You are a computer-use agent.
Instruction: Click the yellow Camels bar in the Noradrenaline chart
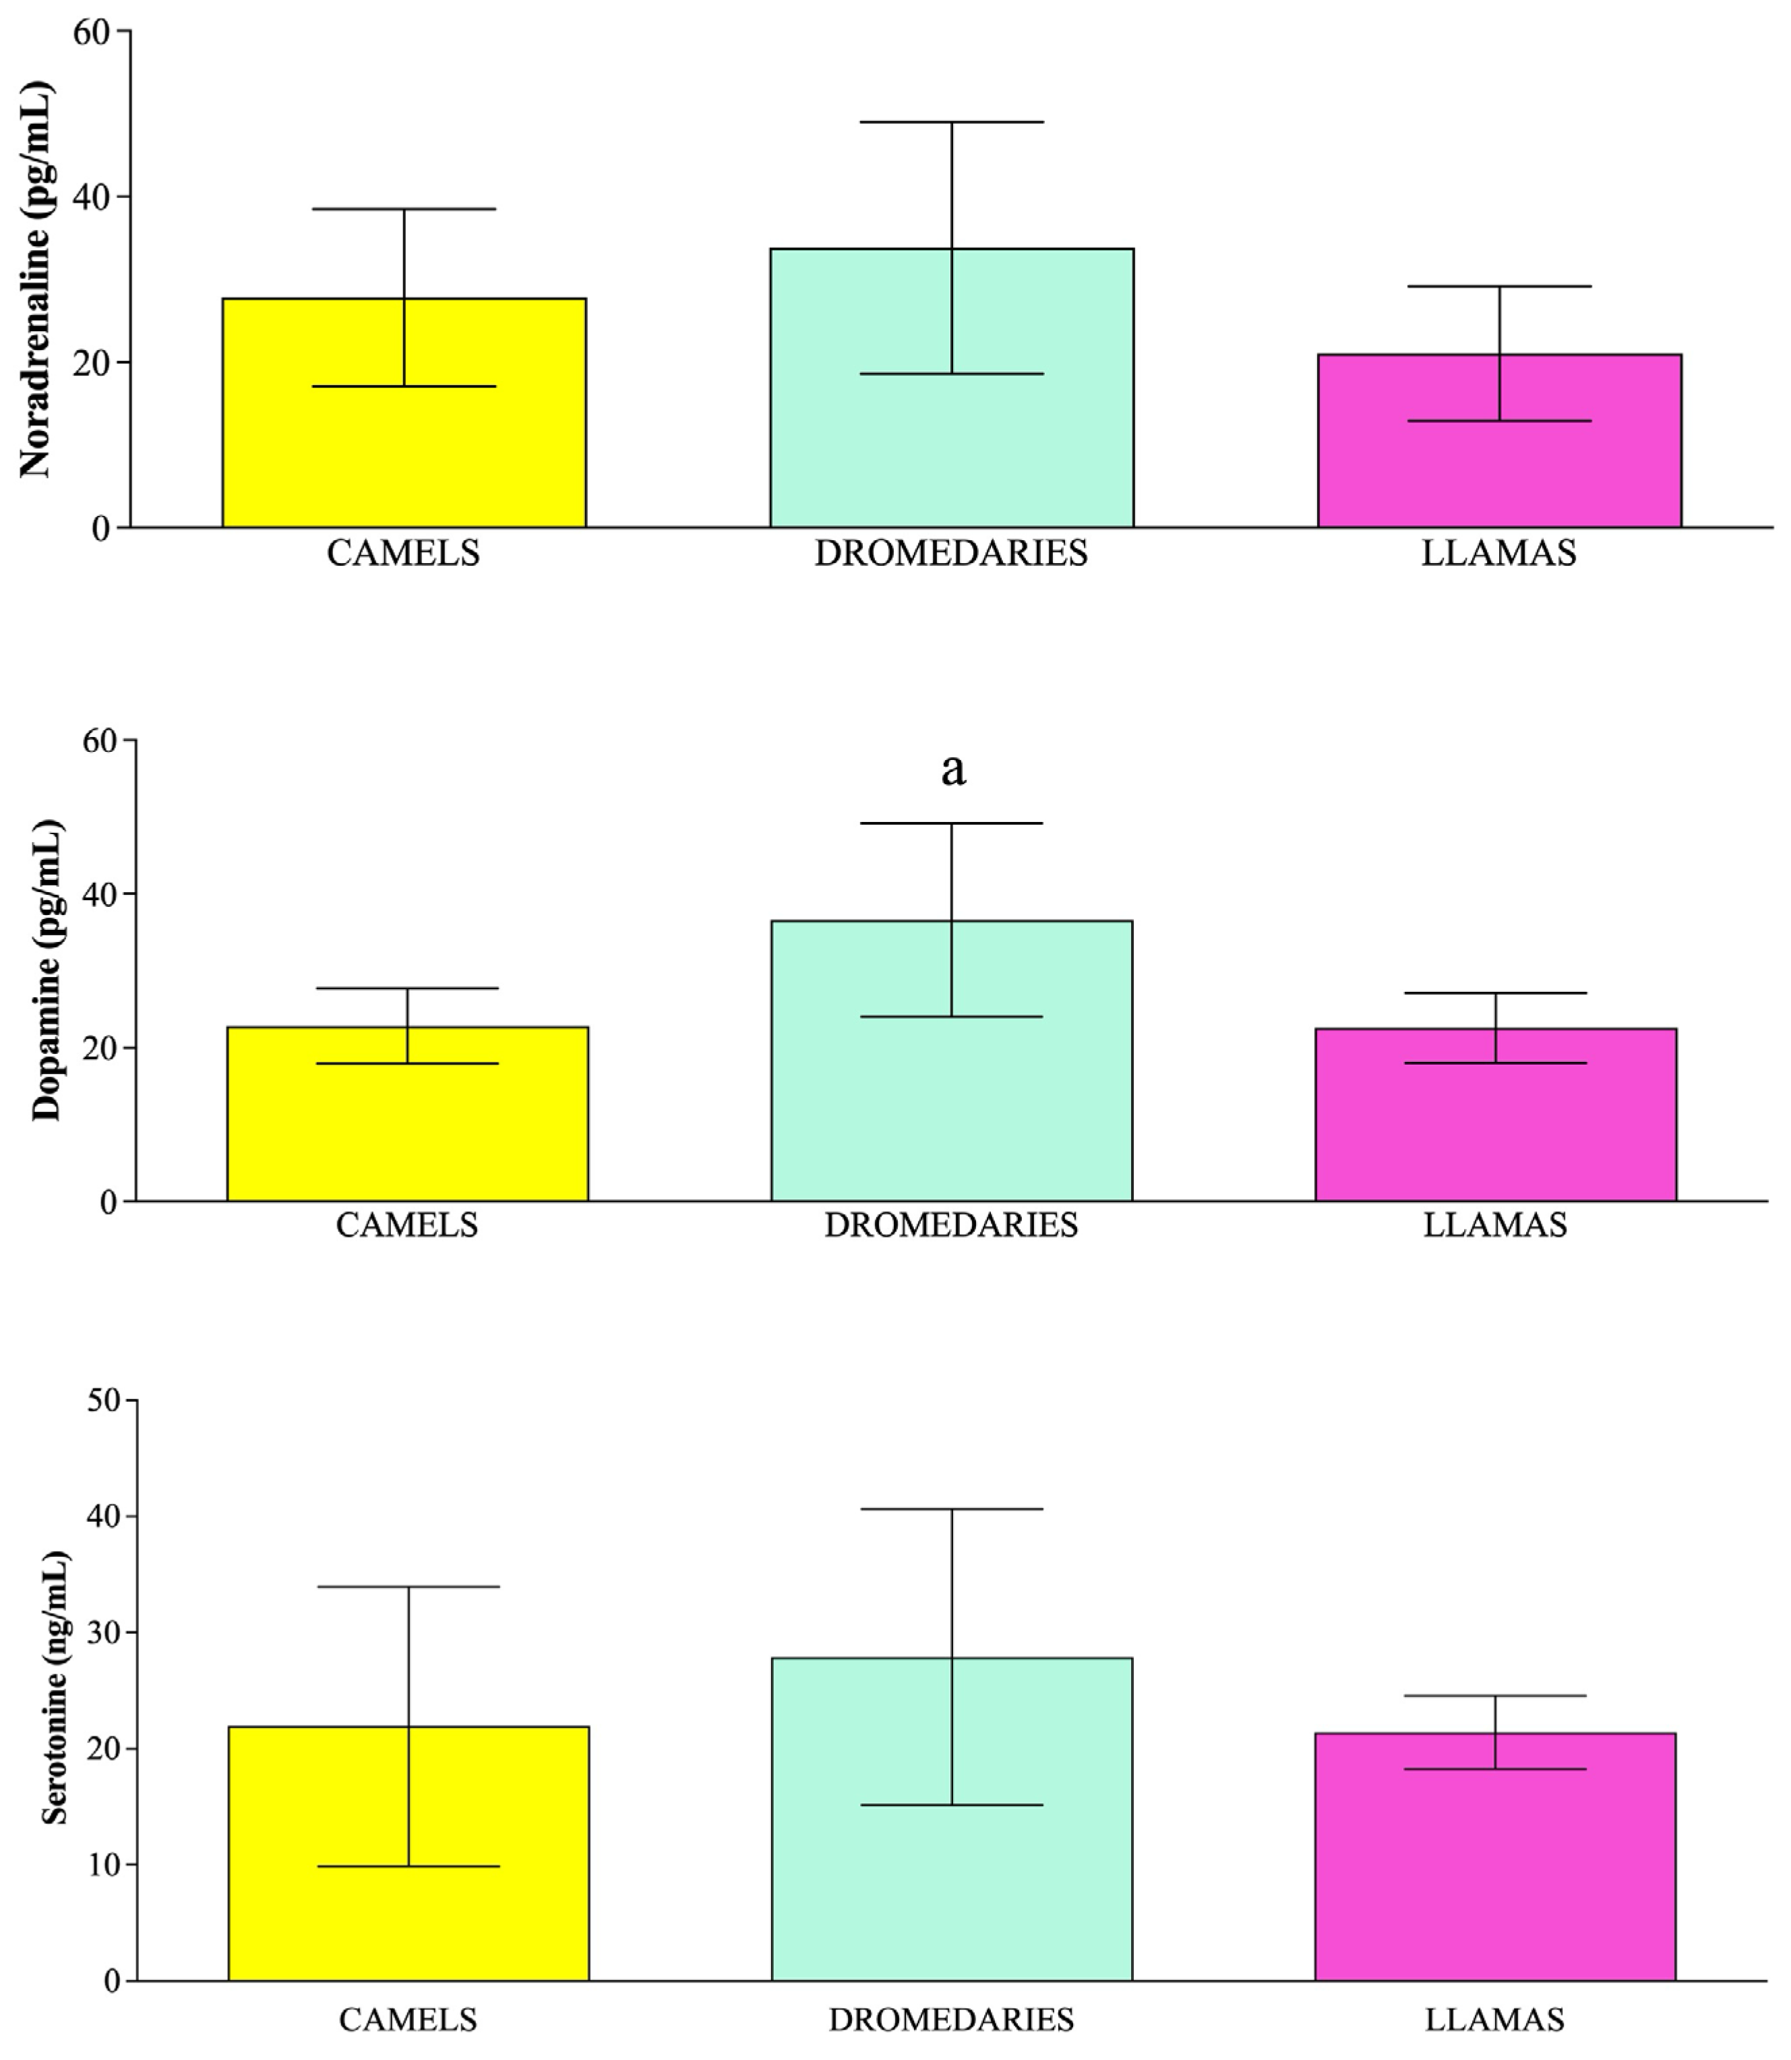pyautogui.click(x=300, y=460)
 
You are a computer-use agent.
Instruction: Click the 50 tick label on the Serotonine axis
pyautogui.click(x=104, y=1401)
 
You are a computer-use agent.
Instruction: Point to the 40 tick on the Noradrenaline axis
pyautogui.click(x=92, y=197)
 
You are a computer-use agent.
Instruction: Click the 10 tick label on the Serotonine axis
pyautogui.click(x=104, y=1865)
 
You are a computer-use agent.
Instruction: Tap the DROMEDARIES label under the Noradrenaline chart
pyautogui.click(x=950, y=554)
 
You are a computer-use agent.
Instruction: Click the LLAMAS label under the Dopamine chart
pyautogui.click(x=1495, y=1225)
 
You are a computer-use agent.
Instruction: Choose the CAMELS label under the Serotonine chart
pyautogui.click(x=408, y=2020)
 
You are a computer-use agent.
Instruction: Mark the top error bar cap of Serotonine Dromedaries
pyautogui.click(x=952, y=1509)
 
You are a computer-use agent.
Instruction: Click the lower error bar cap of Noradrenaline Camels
pyautogui.click(x=404, y=386)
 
